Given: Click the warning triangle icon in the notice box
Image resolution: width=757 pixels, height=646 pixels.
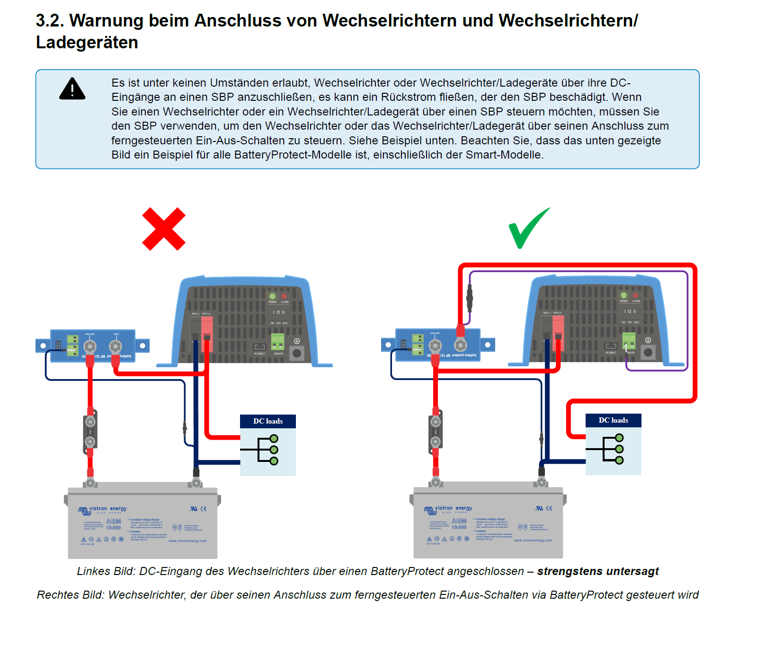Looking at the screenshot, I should click(72, 89).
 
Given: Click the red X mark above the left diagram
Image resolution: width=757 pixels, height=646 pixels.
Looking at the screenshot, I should click(164, 229).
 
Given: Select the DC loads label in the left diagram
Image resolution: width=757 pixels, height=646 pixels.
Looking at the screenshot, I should click(267, 421).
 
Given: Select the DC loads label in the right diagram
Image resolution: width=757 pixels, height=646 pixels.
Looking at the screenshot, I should click(613, 420).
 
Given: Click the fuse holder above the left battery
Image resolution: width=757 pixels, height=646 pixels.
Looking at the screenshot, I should click(90, 432).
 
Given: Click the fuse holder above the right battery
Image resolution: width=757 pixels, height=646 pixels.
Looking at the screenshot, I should click(436, 431).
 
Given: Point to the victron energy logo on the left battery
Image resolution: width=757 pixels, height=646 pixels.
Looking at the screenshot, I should click(103, 510).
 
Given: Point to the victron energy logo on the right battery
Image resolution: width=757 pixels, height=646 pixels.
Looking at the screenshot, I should click(448, 509).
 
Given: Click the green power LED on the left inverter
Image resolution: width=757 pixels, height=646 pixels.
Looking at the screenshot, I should click(272, 296).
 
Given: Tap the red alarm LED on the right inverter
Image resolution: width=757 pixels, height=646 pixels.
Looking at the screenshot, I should click(635, 295).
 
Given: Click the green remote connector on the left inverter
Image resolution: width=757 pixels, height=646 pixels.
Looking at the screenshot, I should click(277, 341).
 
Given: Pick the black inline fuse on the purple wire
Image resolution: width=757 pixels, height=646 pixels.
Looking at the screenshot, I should click(470, 298).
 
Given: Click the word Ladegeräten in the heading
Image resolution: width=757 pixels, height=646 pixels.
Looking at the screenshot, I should click(87, 43).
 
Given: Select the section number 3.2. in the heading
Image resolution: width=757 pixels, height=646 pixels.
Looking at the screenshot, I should click(50, 21).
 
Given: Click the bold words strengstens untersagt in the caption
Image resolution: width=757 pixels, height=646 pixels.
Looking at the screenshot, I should click(597, 571).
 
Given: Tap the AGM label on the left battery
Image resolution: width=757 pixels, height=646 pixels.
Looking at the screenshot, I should click(114, 521).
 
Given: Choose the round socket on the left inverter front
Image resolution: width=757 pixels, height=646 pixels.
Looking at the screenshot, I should click(297, 353).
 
